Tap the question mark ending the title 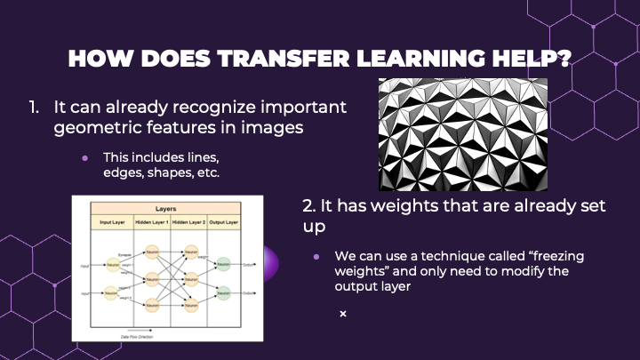[564, 59]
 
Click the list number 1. [33, 107]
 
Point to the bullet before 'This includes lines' [85, 157]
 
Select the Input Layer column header [112, 222]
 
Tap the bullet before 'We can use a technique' [318, 256]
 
